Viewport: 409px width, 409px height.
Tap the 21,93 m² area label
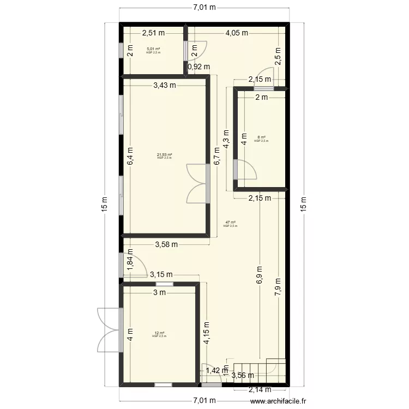pos(165,155)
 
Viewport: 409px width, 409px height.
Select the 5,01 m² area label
pos(154,50)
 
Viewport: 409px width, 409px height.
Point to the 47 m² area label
pos(230,223)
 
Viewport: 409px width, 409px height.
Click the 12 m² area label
pos(159,334)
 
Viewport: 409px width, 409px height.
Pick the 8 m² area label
pos(261,138)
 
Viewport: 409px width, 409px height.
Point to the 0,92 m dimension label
pos(199,67)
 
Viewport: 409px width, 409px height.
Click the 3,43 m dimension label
pos(165,85)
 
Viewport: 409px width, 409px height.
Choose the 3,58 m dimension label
pos(166,244)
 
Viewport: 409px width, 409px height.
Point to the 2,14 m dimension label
pos(260,389)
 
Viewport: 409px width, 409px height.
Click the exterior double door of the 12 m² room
pos(109,330)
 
